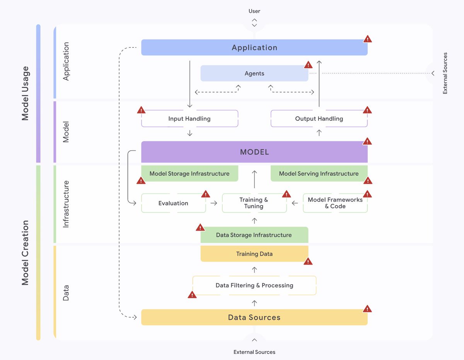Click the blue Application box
(x=254, y=48)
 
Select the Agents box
(x=254, y=73)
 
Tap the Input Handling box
(x=189, y=119)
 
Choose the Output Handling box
(x=319, y=119)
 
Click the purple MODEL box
(x=254, y=152)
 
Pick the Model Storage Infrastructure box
(x=189, y=174)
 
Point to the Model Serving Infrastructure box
(x=319, y=174)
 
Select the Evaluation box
(x=173, y=203)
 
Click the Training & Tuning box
(x=254, y=203)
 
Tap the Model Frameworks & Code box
(x=335, y=203)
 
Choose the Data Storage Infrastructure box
(x=254, y=235)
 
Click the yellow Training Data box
(x=254, y=254)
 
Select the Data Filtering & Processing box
(x=254, y=285)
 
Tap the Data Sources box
(x=254, y=318)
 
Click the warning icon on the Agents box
(x=308, y=65)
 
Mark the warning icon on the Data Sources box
(x=367, y=309)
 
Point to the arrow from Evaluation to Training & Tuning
(x=214, y=203)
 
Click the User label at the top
(x=254, y=11)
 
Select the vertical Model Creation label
(x=26, y=253)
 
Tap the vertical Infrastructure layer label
(x=66, y=204)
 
